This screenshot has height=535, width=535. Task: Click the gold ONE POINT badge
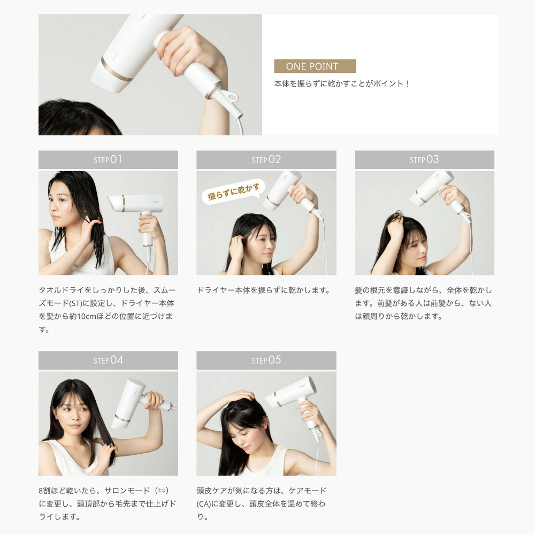point(315,66)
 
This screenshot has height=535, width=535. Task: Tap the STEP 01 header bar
point(108,160)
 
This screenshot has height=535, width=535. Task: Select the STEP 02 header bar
point(266,160)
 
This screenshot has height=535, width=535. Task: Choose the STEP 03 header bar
point(424,160)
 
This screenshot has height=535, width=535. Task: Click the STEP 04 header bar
point(108,361)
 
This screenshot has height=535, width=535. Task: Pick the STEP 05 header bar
point(266,361)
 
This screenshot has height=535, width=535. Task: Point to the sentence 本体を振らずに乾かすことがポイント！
point(342,84)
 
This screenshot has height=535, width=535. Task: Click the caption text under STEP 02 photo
point(263,291)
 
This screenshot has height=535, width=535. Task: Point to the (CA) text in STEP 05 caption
point(203,504)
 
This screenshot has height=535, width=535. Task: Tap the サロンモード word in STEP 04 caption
point(128,491)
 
